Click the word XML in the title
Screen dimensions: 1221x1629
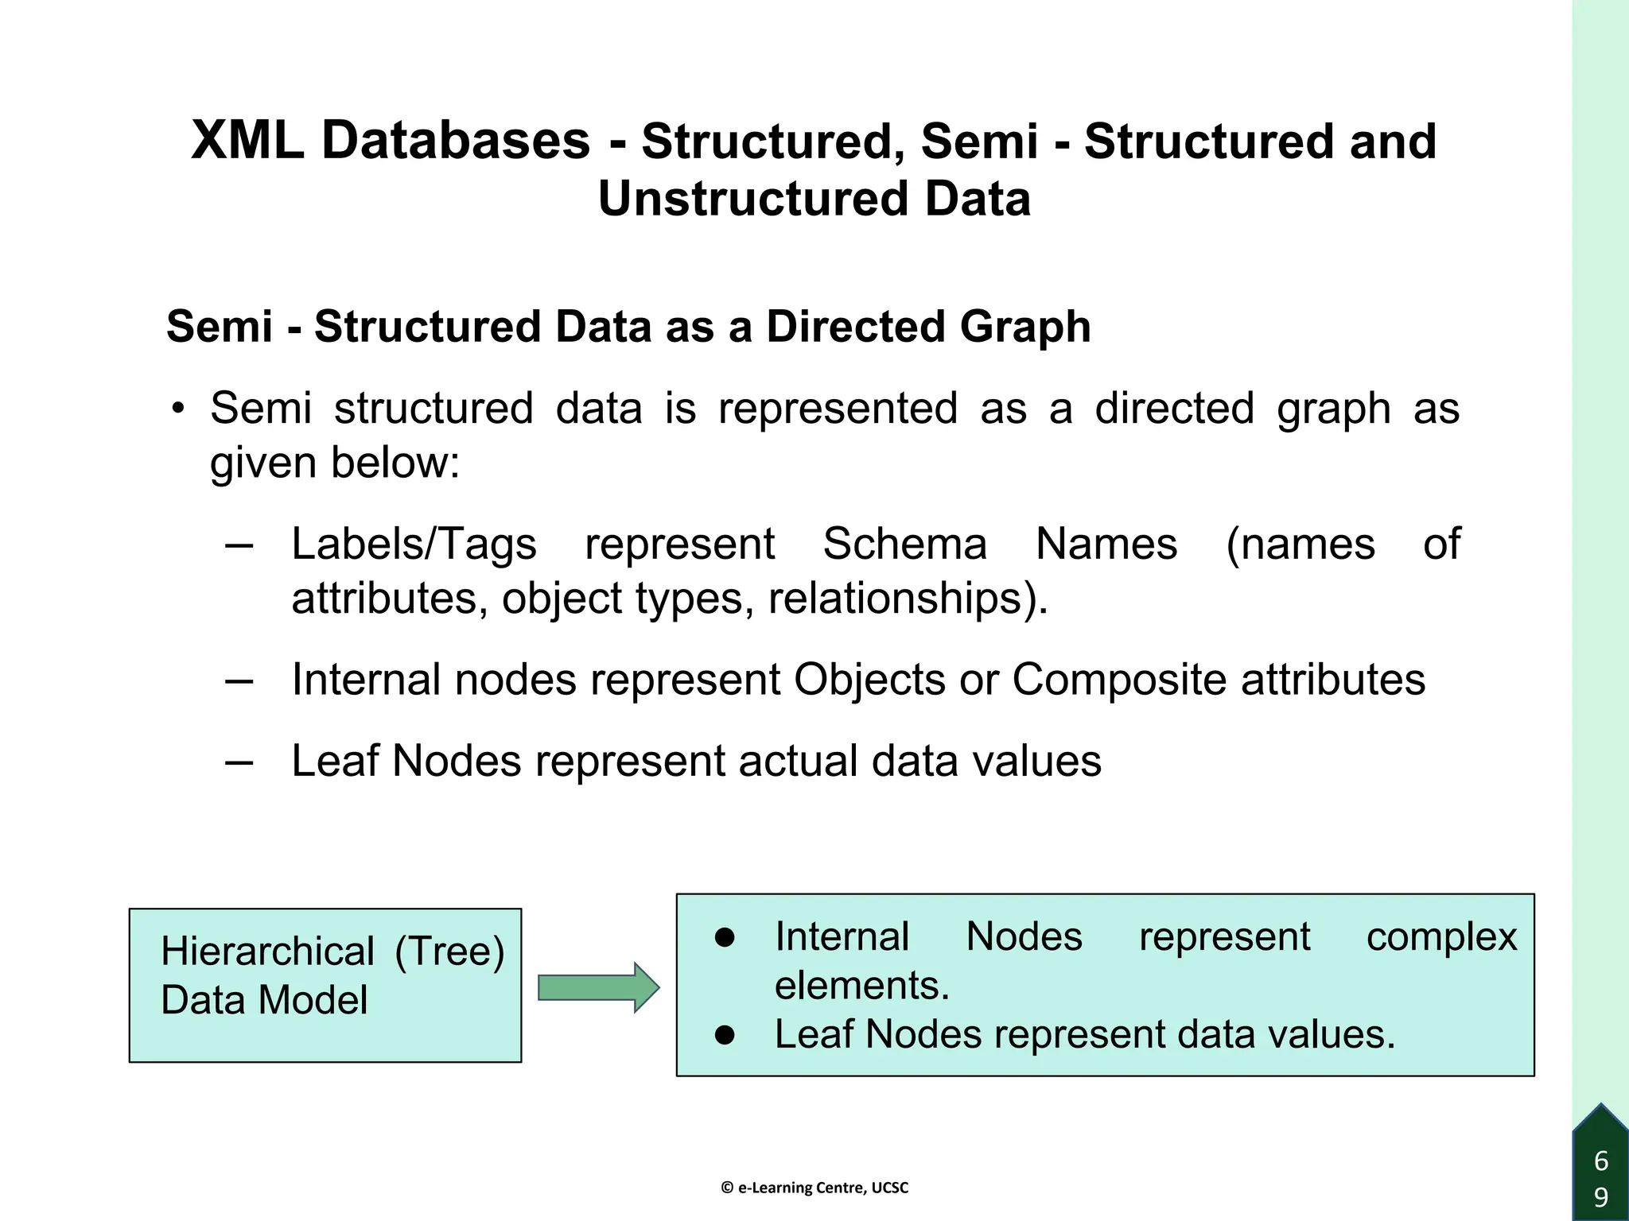[247, 141]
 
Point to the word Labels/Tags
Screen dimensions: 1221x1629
[414, 545]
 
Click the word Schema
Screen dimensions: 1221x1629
[904, 545]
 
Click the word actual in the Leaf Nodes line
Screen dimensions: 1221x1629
[798, 761]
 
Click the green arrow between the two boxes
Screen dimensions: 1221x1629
[598, 987]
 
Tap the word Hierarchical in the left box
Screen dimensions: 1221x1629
[267, 952]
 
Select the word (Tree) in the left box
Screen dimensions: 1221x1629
[449, 952]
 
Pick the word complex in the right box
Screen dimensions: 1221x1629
[1441, 936]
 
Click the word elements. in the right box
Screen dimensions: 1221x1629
[862, 986]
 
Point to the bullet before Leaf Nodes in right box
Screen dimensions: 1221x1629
[725, 1034]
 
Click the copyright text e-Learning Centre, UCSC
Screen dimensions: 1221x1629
[814, 1188]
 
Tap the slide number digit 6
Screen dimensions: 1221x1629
[1601, 1161]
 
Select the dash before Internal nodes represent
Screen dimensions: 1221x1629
[239, 680]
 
